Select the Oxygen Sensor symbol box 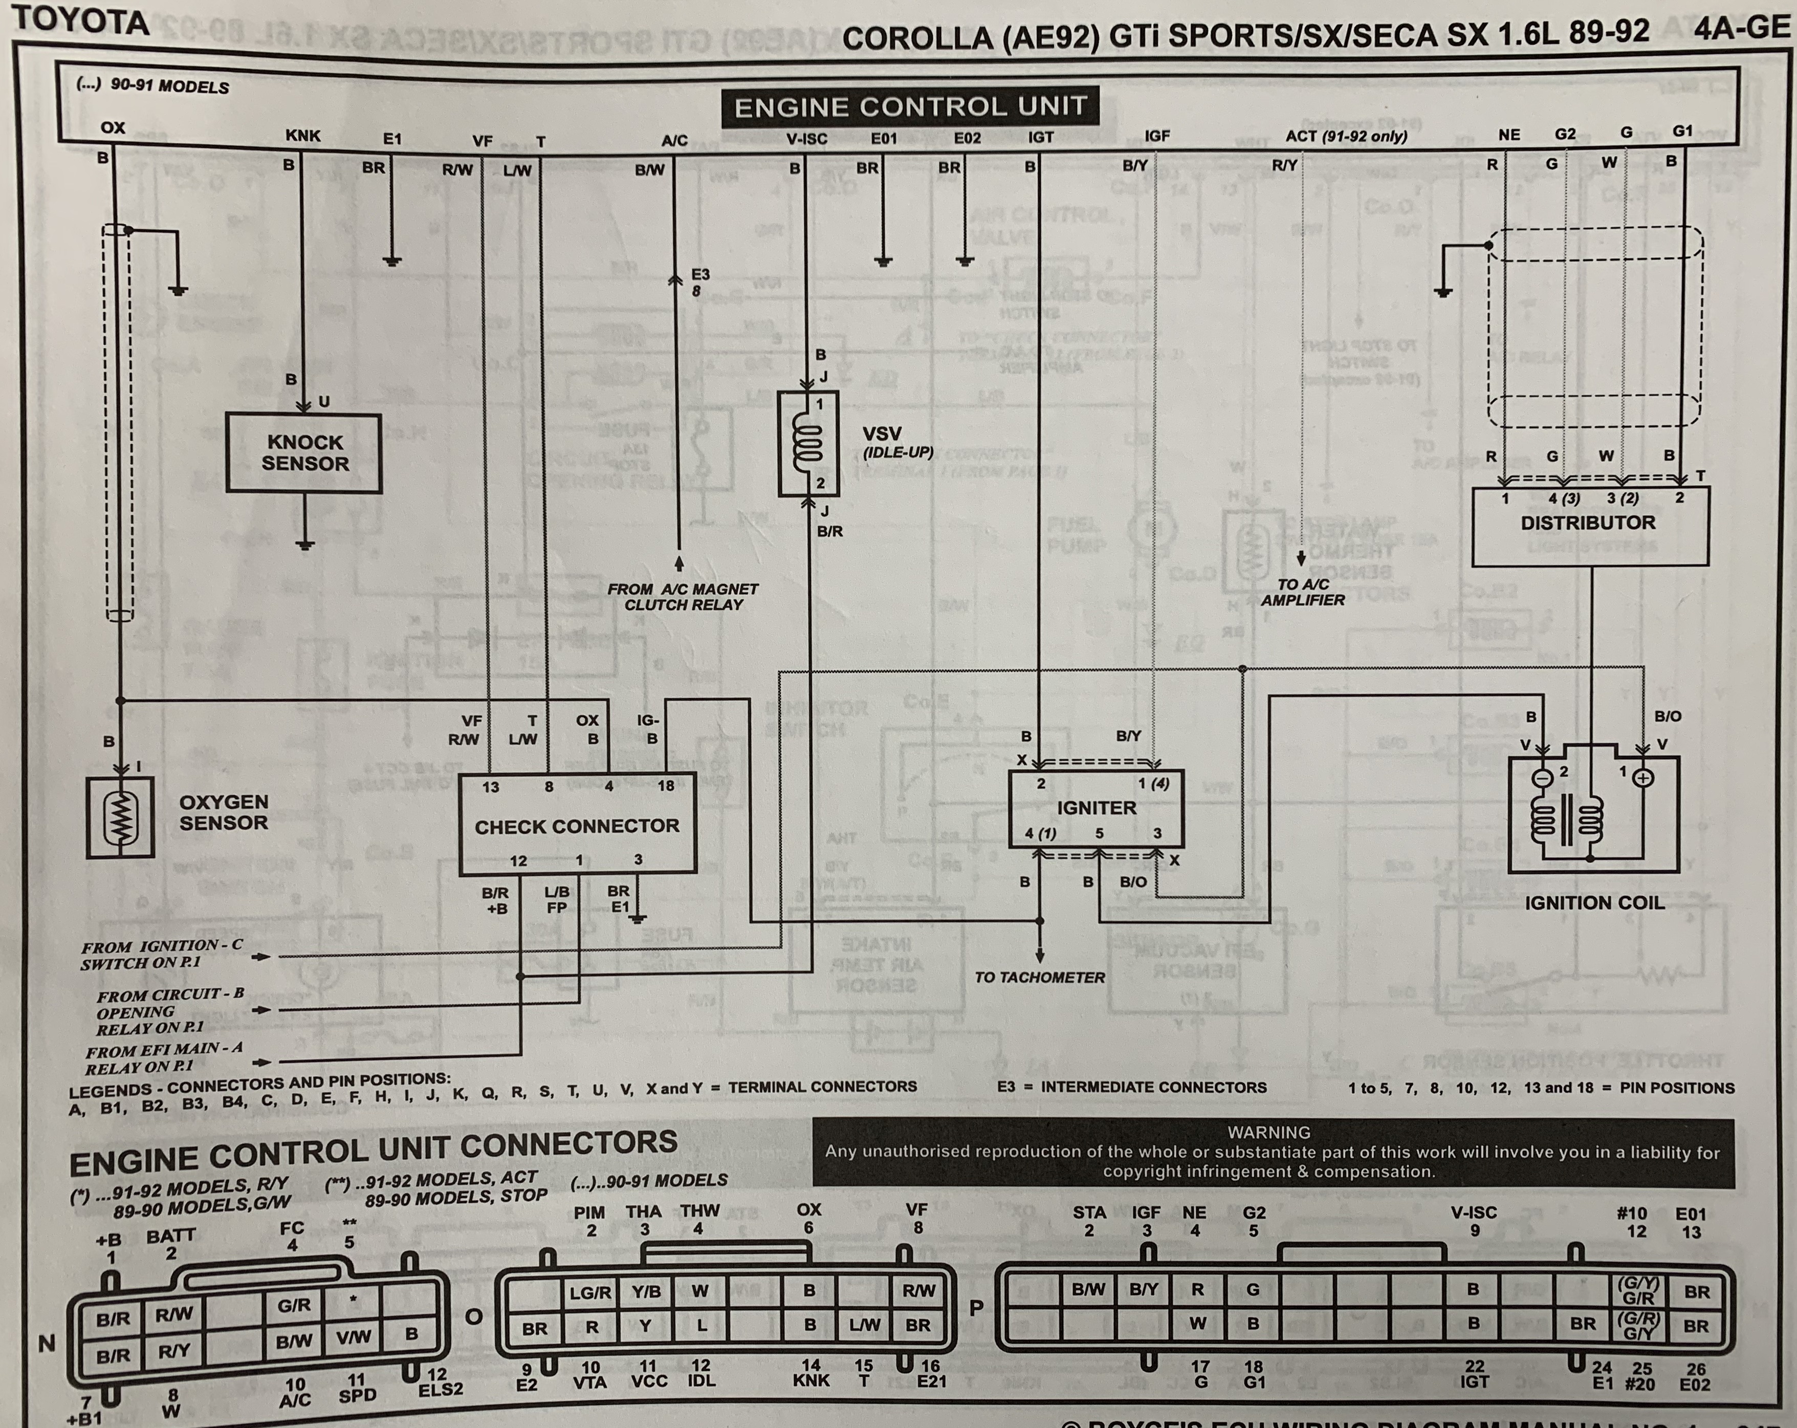click(121, 817)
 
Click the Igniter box click(1095, 808)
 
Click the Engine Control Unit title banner click(910, 106)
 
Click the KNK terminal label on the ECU click(302, 135)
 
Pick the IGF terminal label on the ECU click(1157, 136)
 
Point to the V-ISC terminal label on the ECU click(807, 138)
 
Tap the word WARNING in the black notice click(1268, 1132)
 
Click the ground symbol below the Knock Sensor click(305, 545)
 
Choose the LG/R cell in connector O click(590, 1292)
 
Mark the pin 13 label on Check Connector click(490, 786)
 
